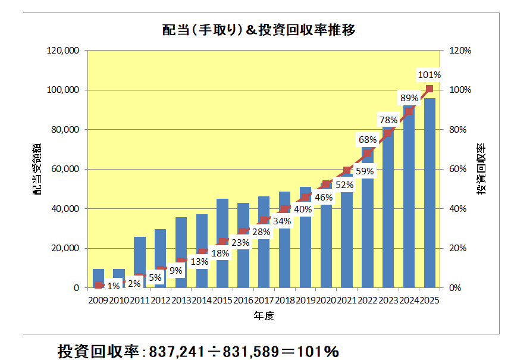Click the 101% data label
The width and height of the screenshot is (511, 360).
pyautogui.click(x=430, y=75)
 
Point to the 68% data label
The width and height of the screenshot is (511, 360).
pyautogui.click(x=368, y=140)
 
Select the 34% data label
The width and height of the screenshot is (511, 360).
pyautogui.click(x=282, y=221)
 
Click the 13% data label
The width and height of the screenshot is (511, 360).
pyautogui.click(x=199, y=261)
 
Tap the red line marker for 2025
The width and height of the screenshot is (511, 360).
pyautogui.click(x=430, y=89)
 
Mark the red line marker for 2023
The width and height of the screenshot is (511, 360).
pyautogui.click(x=388, y=133)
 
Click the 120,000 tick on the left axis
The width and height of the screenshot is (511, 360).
pyautogui.click(x=63, y=51)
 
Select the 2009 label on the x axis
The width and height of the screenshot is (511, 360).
pyautogui.click(x=98, y=300)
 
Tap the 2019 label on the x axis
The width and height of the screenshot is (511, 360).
pyautogui.click(x=305, y=300)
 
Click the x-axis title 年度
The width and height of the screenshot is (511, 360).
pyautogui.click(x=264, y=316)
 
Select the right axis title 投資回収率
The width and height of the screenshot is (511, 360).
pyautogui.click(x=481, y=169)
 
